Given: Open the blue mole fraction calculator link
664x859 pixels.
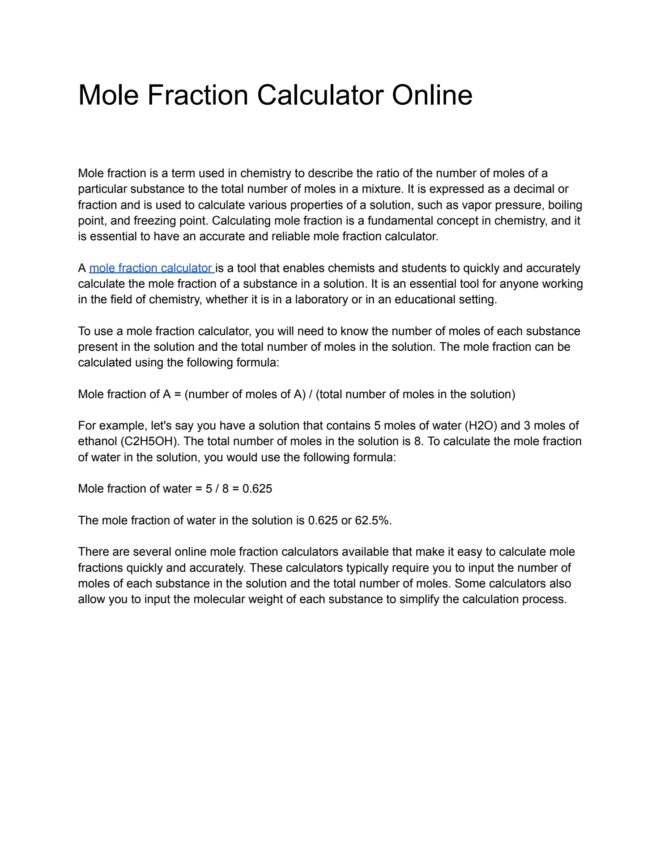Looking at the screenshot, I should [x=151, y=268].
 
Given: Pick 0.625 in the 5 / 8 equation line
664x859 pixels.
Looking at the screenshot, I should [x=257, y=489].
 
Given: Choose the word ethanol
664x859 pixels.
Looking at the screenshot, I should [x=97, y=441].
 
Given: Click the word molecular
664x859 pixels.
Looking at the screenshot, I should [x=219, y=599].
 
